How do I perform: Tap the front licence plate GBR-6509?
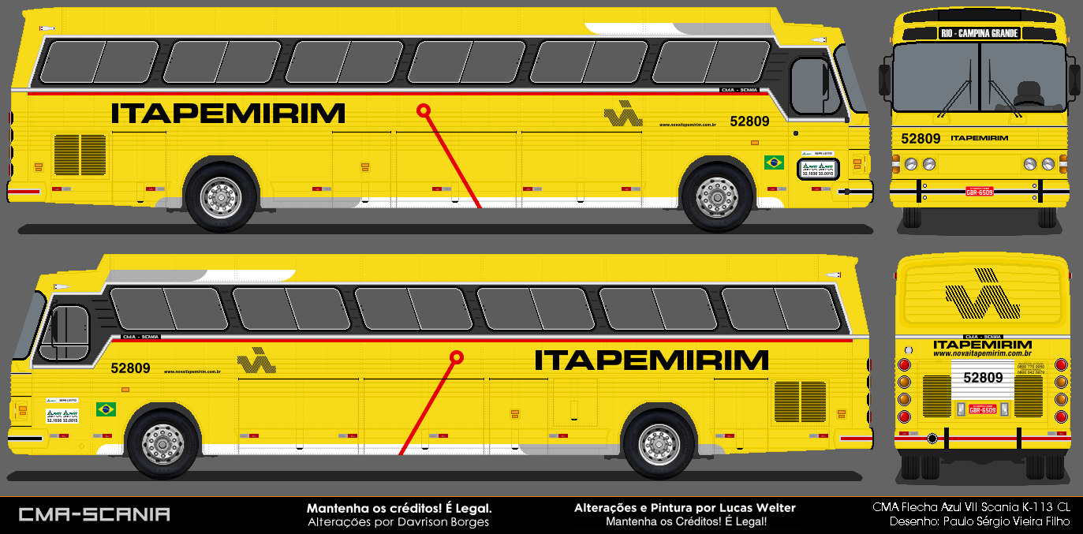[x=980, y=191]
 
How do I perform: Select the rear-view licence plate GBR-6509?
[x=982, y=409]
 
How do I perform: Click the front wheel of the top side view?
[x=717, y=197]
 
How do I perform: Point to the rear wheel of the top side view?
[x=220, y=197]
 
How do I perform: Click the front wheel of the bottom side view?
[x=163, y=444]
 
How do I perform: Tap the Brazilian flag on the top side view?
[x=774, y=162]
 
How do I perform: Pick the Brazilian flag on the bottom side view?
[x=106, y=409]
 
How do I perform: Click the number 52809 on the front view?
[x=921, y=139]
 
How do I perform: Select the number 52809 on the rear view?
[x=983, y=378]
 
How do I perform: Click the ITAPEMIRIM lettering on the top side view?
[x=228, y=114]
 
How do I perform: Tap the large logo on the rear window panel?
[x=982, y=295]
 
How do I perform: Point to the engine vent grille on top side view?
[x=80, y=155]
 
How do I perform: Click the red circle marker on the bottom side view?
[x=456, y=357]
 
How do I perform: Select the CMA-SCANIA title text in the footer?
[x=94, y=514]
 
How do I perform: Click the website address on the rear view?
[x=982, y=353]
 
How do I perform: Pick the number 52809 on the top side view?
[x=749, y=121]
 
